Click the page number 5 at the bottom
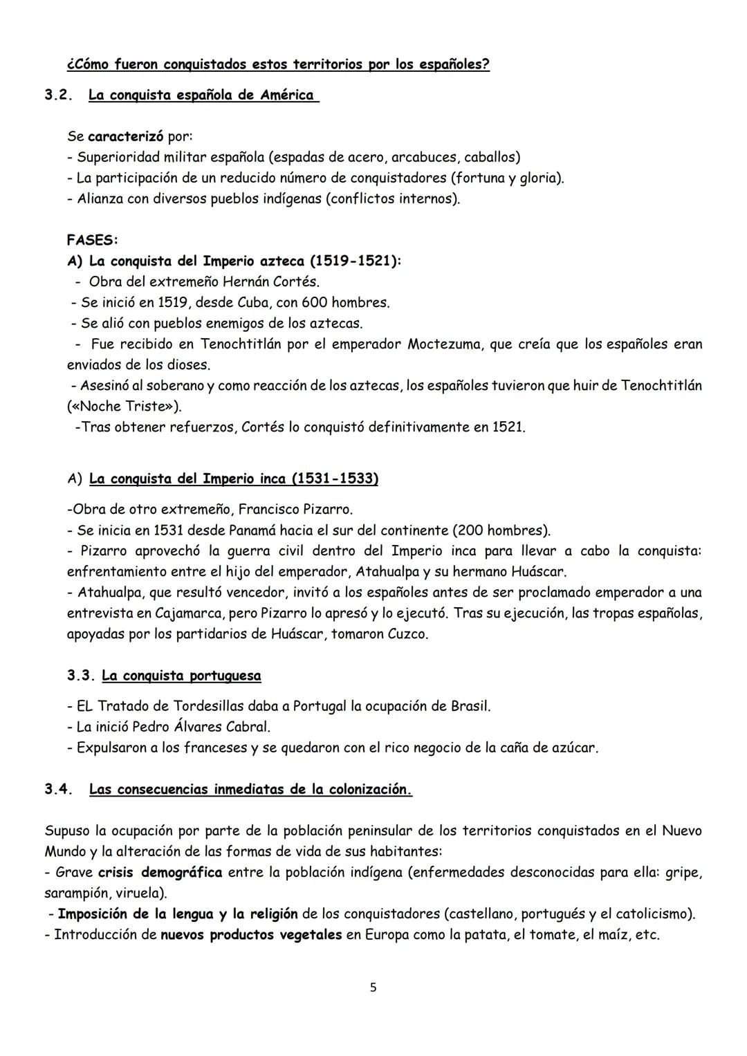pos(373,988)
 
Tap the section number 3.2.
pos(59,95)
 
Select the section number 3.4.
pos(59,789)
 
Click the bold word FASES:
pos(93,240)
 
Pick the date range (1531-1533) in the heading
pos(334,479)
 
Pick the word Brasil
pos(470,706)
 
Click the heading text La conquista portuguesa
pos(181,675)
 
